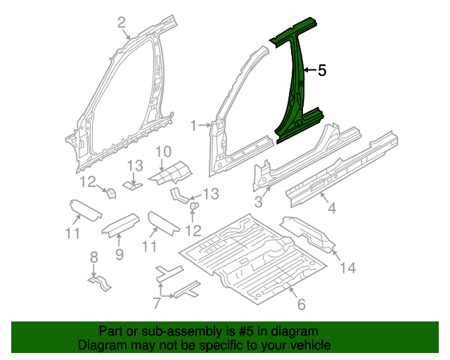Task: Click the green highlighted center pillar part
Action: pyautogui.click(x=295, y=86)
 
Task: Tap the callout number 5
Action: pyautogui.click(x=322, y=70)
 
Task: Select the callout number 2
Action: pyautogui.click(x=122, y=22)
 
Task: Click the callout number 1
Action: pyautogui.click(x=194, y=126)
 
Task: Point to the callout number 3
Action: pyautogui.click(x=259, y=202)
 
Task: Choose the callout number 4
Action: pyautogui.click(x=332, y=208)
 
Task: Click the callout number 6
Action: pyautogui.click(x=301, y=304)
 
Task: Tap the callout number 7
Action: pyautogui.click(x=156, y=303)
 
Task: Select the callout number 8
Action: pyautogui.click(x=94, y=257)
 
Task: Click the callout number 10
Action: pyautogui.click(x=164, y=152)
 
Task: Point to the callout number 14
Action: pyautogui.click(x=348, y=268)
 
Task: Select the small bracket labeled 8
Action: pyautogui.click(x=100, y=283)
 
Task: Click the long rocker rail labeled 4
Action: pyautogui.click(x=342, y=169)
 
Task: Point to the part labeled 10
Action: pyautogui.click(x=171, y=173)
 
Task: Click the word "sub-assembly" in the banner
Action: pyautogui.click(x=181, y=332)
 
